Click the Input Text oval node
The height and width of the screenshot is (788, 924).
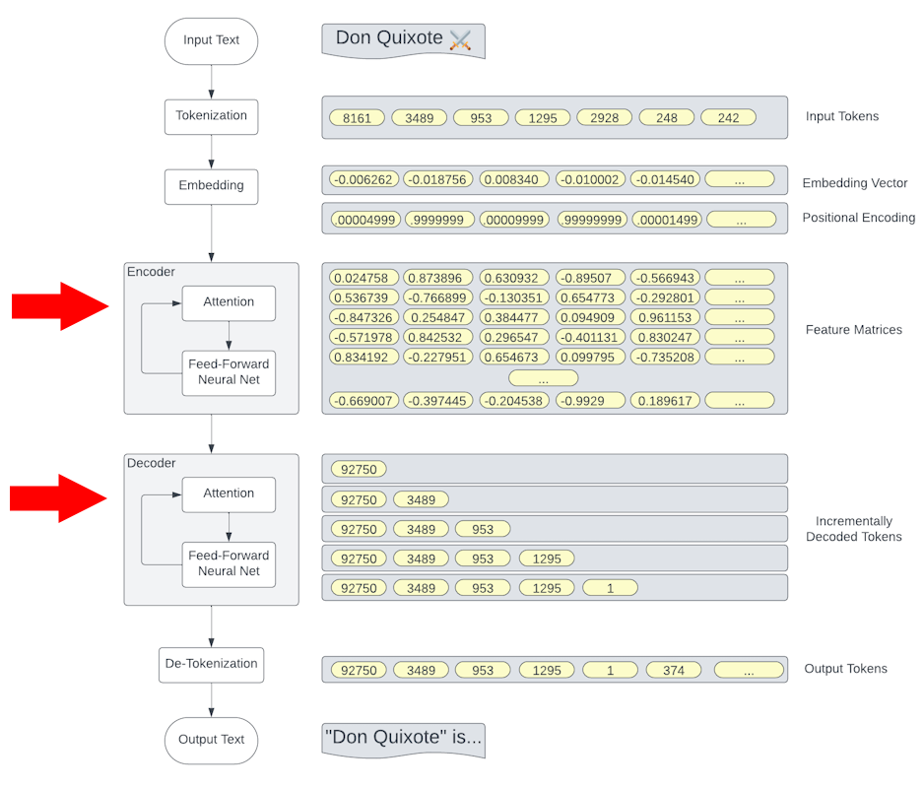(x=211, y=40)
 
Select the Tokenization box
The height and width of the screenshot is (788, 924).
(x=211, y=116)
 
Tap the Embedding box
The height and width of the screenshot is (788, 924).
(x=211, y=185)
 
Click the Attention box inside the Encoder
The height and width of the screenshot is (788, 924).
(x=229, y=301)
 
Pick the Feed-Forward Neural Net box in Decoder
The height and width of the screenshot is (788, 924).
(x=229, y=563)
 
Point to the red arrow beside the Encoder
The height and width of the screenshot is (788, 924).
(x=59, y=306)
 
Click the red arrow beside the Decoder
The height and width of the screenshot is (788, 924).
(x=59, y=498)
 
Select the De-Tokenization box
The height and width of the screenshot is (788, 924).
(x=211, y=664)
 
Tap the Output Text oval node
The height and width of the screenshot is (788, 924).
(x=211, y=740)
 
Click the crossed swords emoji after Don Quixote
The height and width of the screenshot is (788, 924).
(x=460, y=39)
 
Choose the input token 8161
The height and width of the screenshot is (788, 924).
(x=357, y=117)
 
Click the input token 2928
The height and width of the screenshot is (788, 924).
(x=604, y=117)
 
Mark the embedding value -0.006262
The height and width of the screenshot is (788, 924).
(x=363, y=180)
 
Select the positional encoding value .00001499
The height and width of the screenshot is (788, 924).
(x=664, y=220)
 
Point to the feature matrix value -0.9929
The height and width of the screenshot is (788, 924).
(x=589, y=401)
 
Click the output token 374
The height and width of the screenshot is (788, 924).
(x=673, y=670)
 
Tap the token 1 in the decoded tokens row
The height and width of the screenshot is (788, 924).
(x=610, y=588)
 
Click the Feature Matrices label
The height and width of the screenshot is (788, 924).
(x=853, y=330)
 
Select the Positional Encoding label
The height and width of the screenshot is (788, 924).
(x=858, y=218)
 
